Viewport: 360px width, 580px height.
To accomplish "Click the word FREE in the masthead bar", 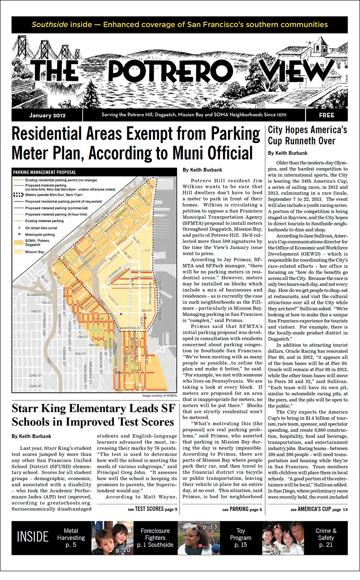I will pos(326,116).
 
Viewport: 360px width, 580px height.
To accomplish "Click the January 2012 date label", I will pos(47,116).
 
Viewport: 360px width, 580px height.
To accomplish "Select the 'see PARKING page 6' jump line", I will pos(242,509).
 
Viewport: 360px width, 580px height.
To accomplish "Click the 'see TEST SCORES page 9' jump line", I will pos(152,509).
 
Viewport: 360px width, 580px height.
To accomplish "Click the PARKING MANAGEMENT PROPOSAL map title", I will pos(45,172).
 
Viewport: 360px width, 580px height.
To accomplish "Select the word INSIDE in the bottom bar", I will pos(32,536).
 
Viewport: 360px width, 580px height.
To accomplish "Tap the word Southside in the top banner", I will pos(49,25).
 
